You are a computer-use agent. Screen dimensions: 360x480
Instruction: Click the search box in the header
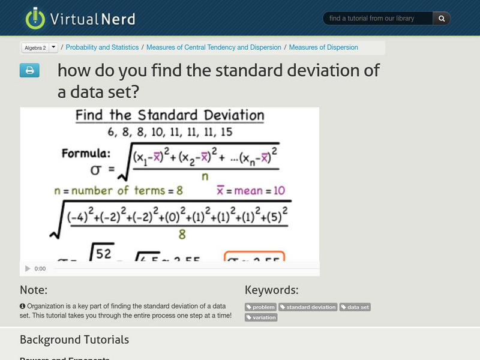click(x=378, y=19)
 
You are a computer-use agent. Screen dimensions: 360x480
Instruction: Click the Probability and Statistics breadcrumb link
click(x=102, y=47)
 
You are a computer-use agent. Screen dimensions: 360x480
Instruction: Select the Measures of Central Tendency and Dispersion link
click(x=214, y=47)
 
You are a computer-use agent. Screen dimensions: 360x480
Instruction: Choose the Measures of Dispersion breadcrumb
click(x=323, y=47)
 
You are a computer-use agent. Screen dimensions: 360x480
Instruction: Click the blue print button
click(x=29, y=71)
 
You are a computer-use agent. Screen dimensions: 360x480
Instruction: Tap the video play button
click(x=28, y=269)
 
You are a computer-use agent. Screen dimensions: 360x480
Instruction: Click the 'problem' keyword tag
click(x=261, y=307)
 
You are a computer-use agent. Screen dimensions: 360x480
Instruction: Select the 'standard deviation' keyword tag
click(x=308, y=307)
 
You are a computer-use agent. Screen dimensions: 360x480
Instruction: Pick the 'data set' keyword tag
click(x=355, y=307)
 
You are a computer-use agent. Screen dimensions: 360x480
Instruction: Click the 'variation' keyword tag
click(x=261, y=317)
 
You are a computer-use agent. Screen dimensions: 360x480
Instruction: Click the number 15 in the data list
click(x=226, y=131)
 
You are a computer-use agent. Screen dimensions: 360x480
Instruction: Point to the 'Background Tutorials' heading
click(x=74, y=340)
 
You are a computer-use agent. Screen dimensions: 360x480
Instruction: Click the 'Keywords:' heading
click(x=271, y=290)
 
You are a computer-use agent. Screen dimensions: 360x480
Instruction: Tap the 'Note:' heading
click(x=34, y=290)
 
